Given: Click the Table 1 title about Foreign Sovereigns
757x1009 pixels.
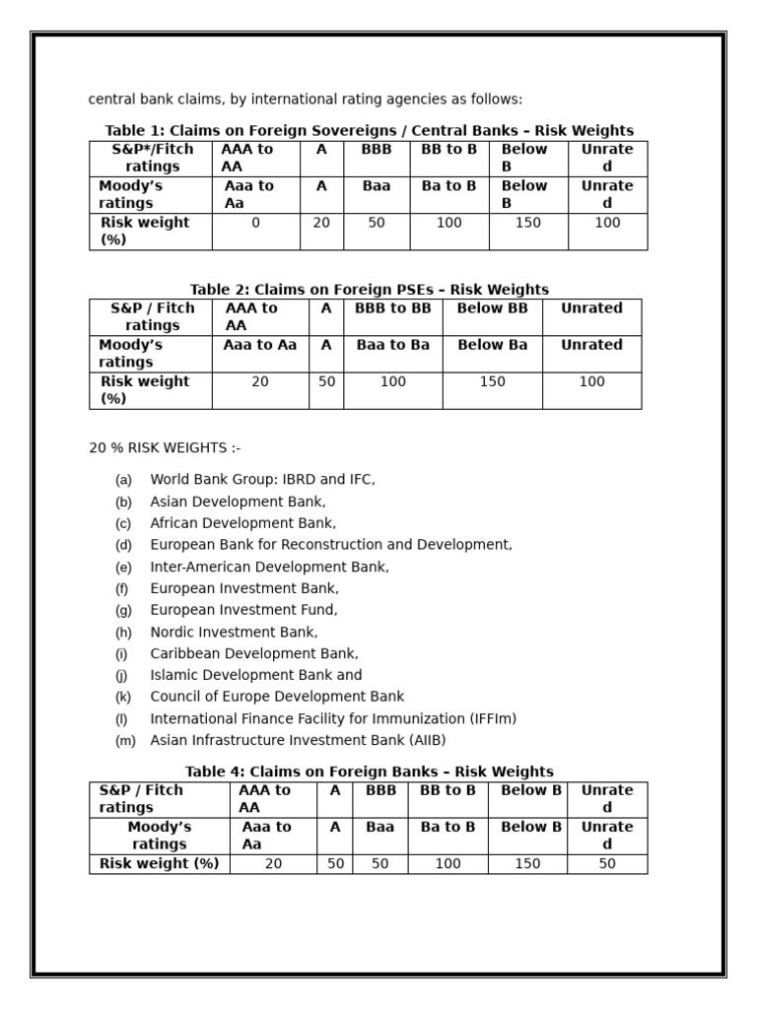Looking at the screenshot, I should (x=369, y=131).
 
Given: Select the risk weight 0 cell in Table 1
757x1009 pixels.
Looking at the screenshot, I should (x=255, y=224).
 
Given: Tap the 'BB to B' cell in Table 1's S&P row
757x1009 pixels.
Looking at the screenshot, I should (x=448, y=150).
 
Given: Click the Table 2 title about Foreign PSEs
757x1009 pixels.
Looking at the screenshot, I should (x=369, y=290).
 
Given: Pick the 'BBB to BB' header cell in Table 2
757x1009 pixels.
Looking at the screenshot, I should (x=392, y=308).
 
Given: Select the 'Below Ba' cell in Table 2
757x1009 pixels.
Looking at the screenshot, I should (x=492, y=345).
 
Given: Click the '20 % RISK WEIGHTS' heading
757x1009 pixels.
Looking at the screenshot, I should (x=165, y=448).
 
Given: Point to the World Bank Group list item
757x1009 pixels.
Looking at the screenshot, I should (x=262, y=480).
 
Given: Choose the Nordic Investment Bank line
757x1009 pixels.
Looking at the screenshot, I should (x=234, y=633).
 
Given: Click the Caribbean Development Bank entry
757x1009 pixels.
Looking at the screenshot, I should (x=254, y=654).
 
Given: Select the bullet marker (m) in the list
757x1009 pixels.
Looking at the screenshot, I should (x=125, y=741).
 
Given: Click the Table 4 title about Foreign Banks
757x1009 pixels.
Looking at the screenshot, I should (x=369, y=772).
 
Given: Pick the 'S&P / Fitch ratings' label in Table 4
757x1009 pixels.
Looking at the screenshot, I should (x=141, y=799).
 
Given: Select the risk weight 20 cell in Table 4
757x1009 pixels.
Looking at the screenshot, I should (x=273, y=864).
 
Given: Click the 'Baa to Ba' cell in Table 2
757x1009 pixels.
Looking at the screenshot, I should (x=392, y=345).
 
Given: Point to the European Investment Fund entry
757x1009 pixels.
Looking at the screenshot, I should (x=243, y=611).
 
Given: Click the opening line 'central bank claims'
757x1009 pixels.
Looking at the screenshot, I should (x=306, y=100).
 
